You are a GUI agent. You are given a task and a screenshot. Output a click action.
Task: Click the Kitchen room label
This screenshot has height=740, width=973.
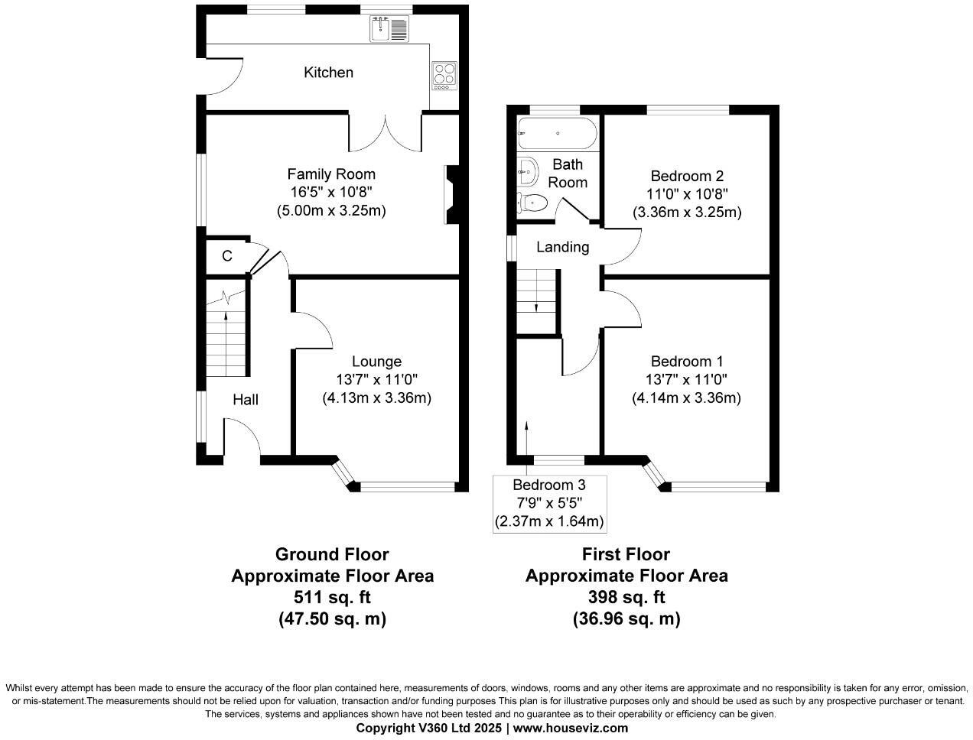(x=328, y=73)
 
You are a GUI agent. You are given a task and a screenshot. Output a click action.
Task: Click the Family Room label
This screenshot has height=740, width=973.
(x=331, y=174)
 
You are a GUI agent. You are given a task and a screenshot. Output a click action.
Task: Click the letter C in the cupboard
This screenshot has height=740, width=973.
(x=227, y=256)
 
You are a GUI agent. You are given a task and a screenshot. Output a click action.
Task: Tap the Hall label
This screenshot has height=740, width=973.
(x=246, y=399)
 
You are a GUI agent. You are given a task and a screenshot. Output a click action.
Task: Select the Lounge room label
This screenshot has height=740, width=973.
(x=376, y=362)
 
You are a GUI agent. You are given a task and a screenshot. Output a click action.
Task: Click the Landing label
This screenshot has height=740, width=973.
(x=562, y=247)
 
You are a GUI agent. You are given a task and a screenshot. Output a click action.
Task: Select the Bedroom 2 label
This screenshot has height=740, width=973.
(x=687, y=175)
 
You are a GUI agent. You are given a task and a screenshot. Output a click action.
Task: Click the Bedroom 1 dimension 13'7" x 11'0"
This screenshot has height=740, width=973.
(x=686, y=380)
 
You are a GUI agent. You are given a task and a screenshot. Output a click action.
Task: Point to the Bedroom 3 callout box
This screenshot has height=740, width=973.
(x=548, y=503)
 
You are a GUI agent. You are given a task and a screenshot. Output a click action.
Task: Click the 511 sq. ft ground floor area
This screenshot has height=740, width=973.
(x=332, y=597)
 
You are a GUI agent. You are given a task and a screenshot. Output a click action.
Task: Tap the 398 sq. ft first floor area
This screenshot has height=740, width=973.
(x=626, y=597)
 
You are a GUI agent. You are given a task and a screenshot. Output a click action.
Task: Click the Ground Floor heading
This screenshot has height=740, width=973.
(x=332, y=554)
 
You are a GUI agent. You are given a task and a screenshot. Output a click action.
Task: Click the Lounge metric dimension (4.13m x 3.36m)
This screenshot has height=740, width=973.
(x=376, y=398)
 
